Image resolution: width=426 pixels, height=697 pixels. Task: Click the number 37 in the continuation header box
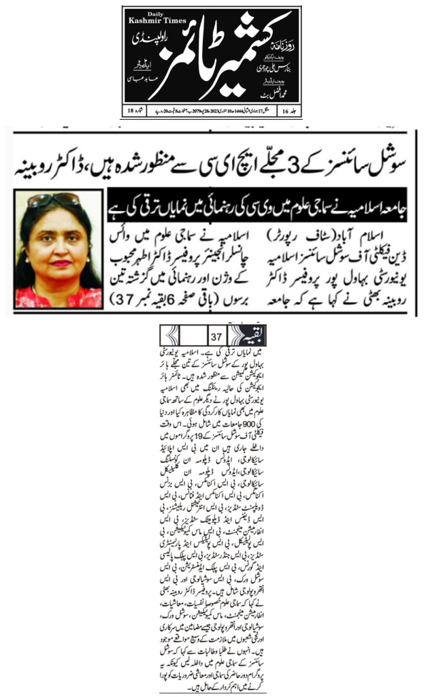coord(217,336)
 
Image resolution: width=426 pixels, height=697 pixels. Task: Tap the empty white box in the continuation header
coord(195,336)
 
